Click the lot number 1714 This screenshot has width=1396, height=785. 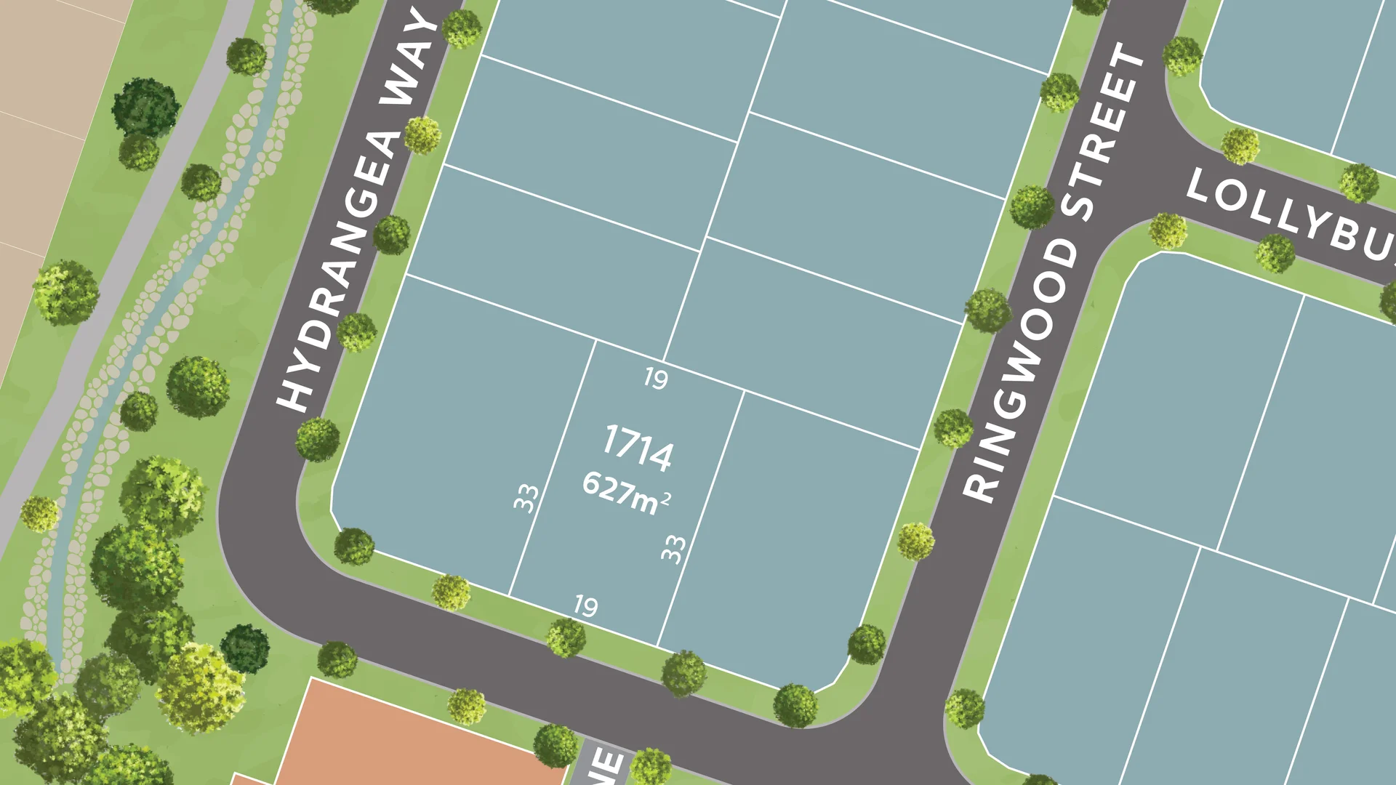pyautogui.click(x=638, y=447)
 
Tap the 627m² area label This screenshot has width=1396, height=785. pyautogui.click(x=625, y=494)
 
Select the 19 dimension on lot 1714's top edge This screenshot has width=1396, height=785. pyautogui.click(x=656, y=378)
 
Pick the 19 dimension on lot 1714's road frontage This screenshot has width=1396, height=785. pyautogui.click(x=586, y=605)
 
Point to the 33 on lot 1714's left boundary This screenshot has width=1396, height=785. pyautogui.click(x=526, y=498)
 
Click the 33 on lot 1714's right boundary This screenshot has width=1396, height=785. pyautogui.click(x=673, y=548)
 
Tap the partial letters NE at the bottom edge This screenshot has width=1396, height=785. pyautogui.click(x=607, y=767)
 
